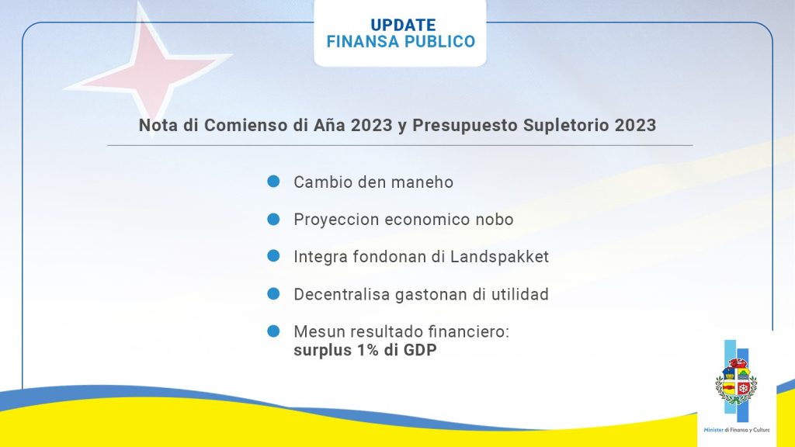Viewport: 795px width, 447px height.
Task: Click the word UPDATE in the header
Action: click(x=403, y=25)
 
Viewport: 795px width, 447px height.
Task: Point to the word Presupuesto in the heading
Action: click(x=465, y=125)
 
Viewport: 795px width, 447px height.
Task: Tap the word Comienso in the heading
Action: click(x=246, y=125)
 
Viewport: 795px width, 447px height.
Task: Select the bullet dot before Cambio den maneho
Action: click(x=273, y=182)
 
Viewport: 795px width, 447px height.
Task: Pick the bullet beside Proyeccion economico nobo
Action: click(x=273, y=219)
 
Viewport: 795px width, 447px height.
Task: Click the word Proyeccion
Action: click(x=337, y=220)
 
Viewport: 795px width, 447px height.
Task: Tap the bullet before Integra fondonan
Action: click(x=273, y=256)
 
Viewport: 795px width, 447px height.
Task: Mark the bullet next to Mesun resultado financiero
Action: click(x=273, y=331)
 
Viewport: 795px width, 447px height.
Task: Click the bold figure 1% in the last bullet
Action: click(x=360, y=350)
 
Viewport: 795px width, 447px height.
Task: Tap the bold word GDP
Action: click(x=420, y=350)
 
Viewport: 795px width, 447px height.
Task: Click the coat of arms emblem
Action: click(x=736, y=381)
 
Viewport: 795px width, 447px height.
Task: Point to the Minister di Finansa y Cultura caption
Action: click(x=737, y=430)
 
